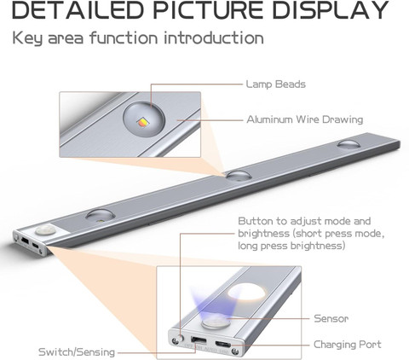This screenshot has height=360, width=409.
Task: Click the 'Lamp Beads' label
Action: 276,84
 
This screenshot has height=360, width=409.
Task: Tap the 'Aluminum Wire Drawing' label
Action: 305,119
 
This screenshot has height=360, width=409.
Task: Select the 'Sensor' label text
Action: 331,318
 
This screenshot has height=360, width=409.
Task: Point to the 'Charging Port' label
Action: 348,345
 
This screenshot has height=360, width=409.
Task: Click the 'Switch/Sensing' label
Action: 77,352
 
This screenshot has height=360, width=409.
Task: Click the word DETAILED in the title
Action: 78,10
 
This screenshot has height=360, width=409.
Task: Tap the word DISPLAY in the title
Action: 331,10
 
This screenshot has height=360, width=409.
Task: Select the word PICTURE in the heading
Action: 208,10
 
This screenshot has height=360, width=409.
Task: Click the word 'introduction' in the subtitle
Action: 214,38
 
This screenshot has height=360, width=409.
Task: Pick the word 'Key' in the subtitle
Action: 27,38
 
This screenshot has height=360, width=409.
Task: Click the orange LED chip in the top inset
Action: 141,122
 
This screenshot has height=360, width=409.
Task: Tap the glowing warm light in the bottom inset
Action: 247,293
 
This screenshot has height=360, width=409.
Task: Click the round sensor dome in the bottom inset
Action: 215,322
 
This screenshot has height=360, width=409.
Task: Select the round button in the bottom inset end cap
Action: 179,339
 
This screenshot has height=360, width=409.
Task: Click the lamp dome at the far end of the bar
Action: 349,143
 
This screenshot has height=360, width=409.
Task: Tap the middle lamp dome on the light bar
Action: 239,176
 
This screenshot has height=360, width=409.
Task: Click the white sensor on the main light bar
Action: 46,229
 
